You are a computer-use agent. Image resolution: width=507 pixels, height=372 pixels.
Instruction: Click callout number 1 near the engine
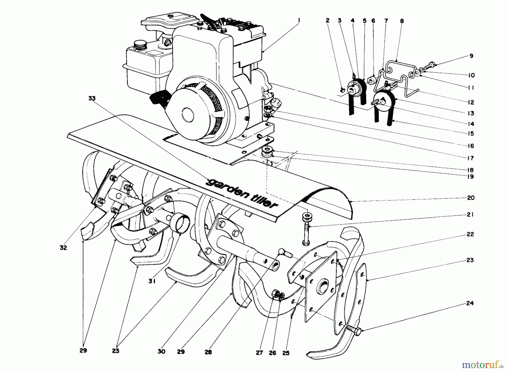(299, 20)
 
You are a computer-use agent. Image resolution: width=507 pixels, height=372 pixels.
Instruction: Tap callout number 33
(92, 98)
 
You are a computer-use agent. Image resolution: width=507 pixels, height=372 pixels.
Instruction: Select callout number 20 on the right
(471, 198)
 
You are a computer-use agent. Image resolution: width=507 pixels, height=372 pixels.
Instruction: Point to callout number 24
(470, 304)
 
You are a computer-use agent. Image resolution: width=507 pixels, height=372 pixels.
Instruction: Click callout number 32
(63, 248)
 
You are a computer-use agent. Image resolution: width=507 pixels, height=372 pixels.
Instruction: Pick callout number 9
(471, 56)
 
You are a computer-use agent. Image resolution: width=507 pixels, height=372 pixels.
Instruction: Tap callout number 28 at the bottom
(208, 352)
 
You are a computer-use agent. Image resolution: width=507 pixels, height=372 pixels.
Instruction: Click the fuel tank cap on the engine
(139, 44)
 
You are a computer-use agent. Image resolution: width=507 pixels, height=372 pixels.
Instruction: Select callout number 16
(471, 146)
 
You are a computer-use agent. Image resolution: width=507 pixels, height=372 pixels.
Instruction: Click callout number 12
(471, 102)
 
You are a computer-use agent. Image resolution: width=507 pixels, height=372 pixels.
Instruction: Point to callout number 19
(471, 177)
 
